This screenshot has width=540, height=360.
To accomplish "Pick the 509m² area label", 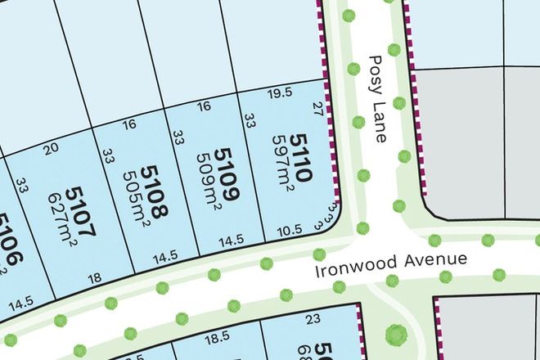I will [205, 178].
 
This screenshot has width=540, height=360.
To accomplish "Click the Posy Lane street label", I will [376, 99].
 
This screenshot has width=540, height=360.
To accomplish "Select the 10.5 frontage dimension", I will [285, 232].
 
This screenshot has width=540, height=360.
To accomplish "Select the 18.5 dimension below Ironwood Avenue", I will [216, 336].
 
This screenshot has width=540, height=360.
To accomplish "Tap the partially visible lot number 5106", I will [8, 241].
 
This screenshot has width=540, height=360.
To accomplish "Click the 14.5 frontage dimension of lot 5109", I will [232, 240].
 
